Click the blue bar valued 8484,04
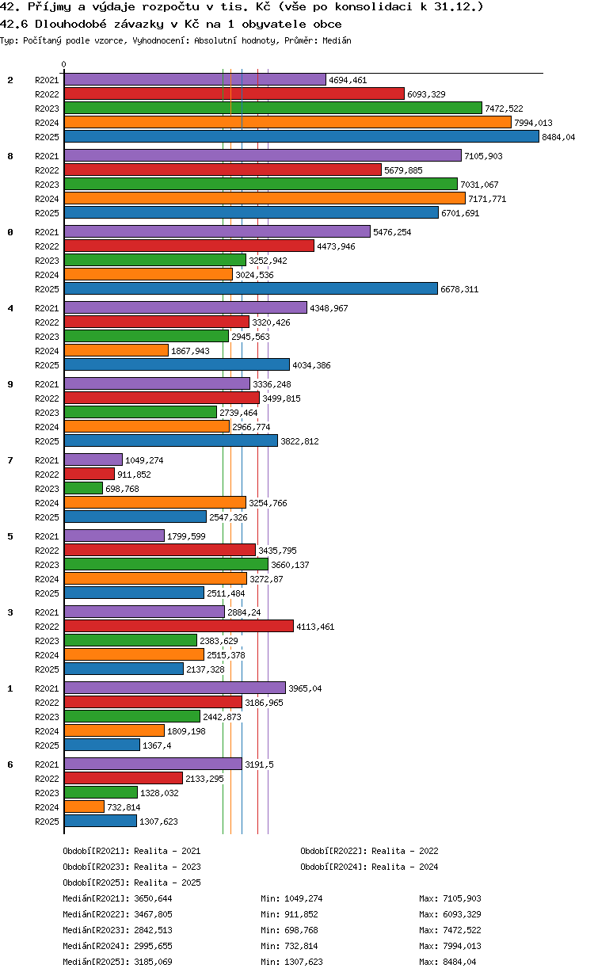(x=301, y=137)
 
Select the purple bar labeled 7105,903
(x=263, y=155)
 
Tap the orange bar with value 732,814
(x=85, y=807)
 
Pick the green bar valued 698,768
(x=84, y=489)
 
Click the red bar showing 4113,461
(x=179, y=626)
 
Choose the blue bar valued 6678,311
(x=251, y=289)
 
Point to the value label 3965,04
(x=305, y=688)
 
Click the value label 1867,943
(x=190, y=351)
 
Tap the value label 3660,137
(x=290, y=565)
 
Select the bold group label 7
(x=10, y=460)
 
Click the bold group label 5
(x=10, y=536)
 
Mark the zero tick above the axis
(x=64, y=64)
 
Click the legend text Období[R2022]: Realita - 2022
(x=369, y=851)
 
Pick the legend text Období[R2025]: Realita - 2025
(x=132, y=883)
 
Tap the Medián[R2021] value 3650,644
(x=154, y=898)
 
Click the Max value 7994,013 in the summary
(x=462, y=946)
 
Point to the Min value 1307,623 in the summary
(x=303, y=962)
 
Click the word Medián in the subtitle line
(x=337, y=40)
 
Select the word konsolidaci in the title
(x=373, y=7)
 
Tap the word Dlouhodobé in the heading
(x=70, y=24)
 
